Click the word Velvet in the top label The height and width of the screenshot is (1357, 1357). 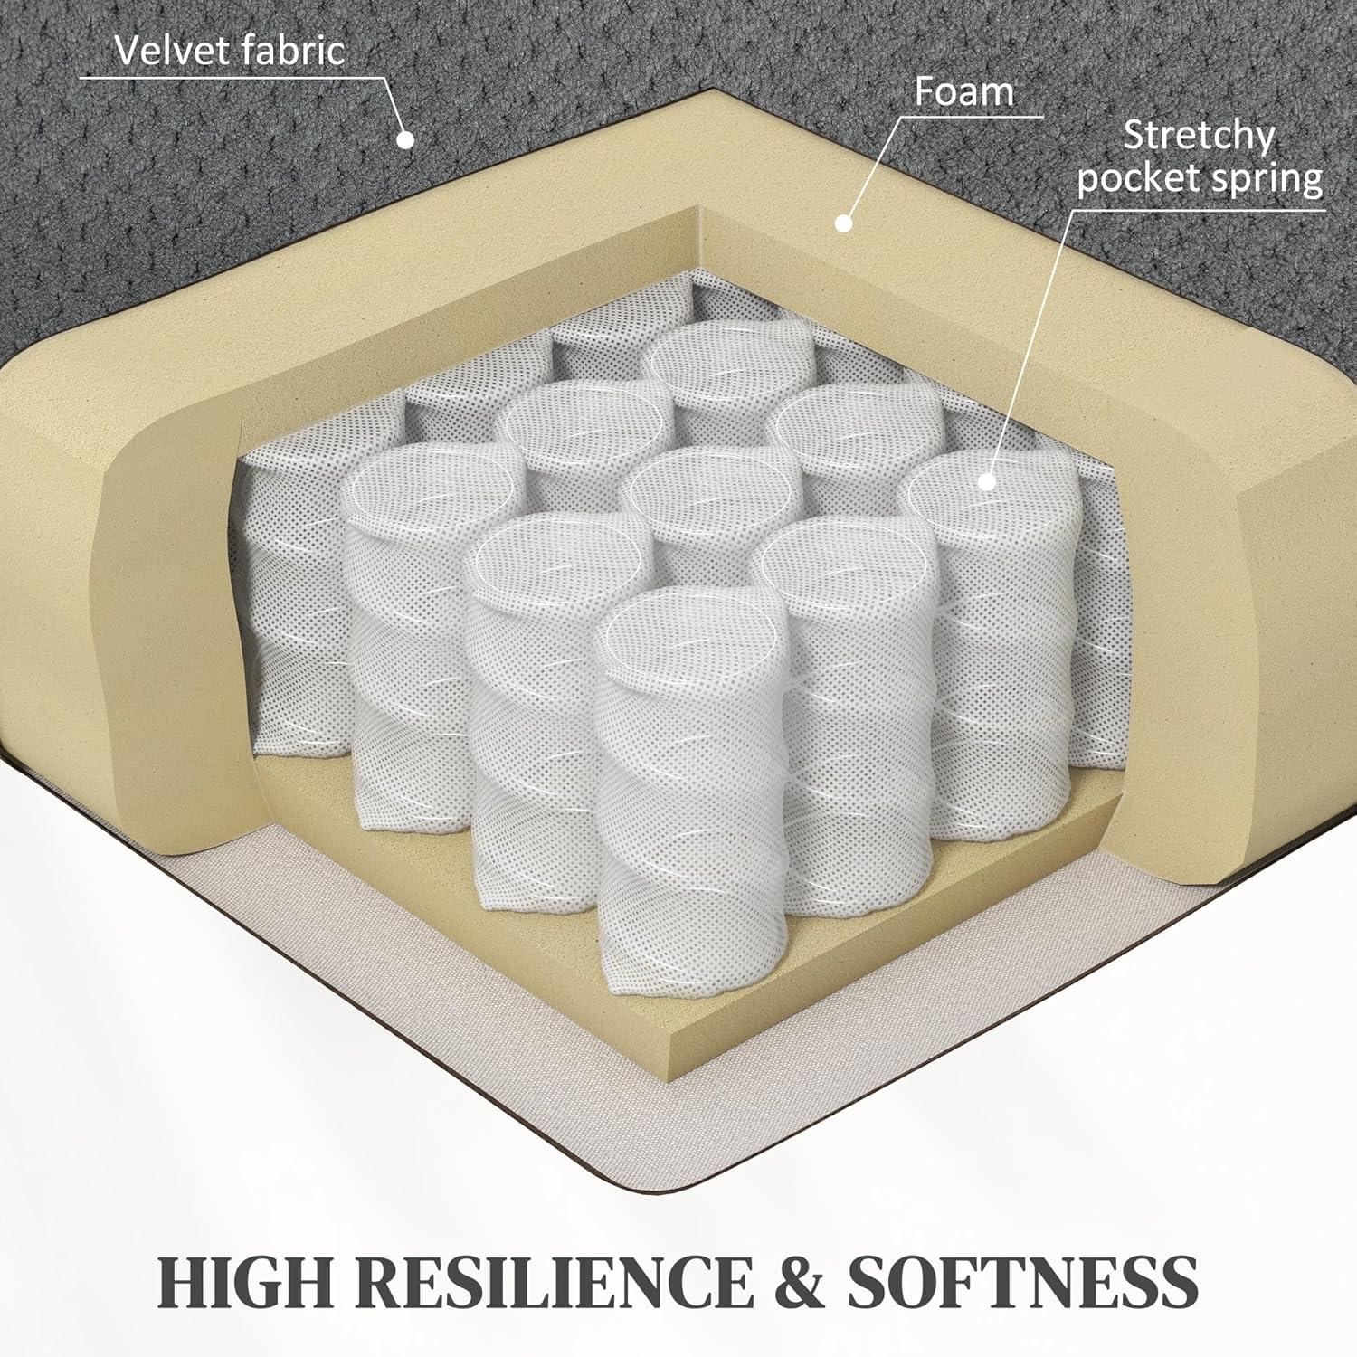(x=169, y=51)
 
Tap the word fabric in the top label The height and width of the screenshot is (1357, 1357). (x=289, y=51)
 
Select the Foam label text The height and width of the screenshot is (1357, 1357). (x=963, y=92)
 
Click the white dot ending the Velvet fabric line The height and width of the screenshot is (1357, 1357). (x=406, y=139)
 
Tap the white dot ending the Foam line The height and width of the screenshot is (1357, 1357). (x=844, y=222)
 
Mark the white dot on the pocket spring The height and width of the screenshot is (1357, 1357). (x=988, y=481)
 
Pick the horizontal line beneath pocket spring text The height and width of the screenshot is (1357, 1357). (x=1199, y=209)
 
